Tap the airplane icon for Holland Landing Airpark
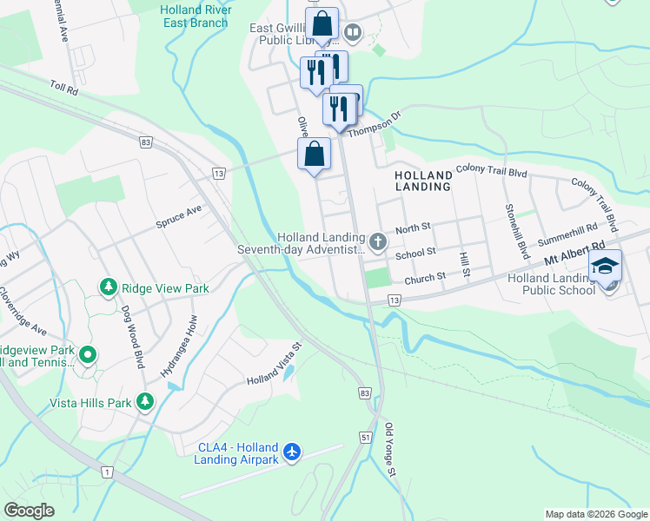coord(293,452)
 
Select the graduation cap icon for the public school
coord(605,267)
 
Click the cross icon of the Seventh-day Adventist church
coord(377,241)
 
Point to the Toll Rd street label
coord(64,88)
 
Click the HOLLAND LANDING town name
coord(422,180)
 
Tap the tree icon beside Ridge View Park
coord(107,287)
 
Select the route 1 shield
coord(107,472)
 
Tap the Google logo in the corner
coord(29,510)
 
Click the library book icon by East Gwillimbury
coord(352,34)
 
